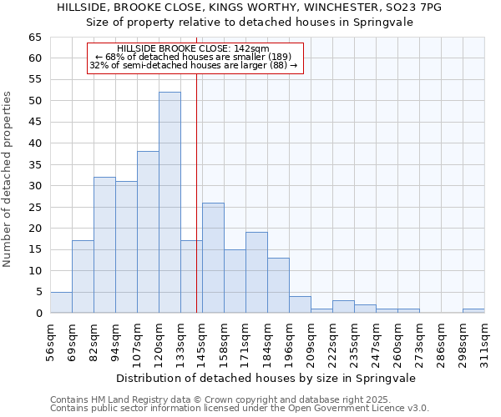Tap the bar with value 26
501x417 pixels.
pyautogui.click(x=213, y=258)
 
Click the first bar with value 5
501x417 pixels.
pyautogui.click(x=61, y=303)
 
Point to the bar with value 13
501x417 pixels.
pyautogui.click(x=278, y=285)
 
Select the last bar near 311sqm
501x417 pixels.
pyautogui.click(x=473, y=311)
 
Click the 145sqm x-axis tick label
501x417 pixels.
pyautogui.click(x=203, y=340)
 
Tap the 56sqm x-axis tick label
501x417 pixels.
pyautogui.click(x=51, y=340)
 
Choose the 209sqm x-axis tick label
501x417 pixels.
pyautogui.click(x=311, y=340)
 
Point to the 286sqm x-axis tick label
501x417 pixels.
pyautogui.click(x=442, y=340)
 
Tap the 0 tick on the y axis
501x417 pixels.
pyautogui.click(x=38, y=314)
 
